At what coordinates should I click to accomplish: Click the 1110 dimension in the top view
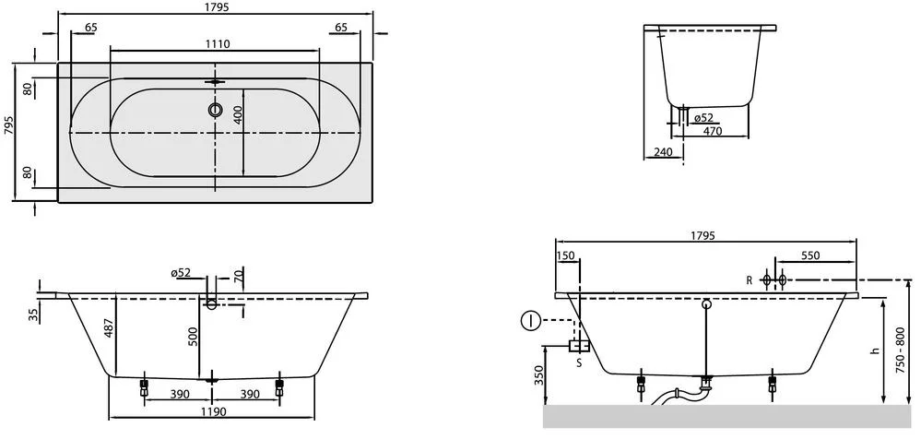pyautogui.click(x=216, y=44)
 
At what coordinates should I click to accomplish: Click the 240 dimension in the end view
pyautogui.click(x=660, y=153)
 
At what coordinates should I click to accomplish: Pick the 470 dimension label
pyautogui.click(x=713, y=131)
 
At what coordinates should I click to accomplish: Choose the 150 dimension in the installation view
pyautogui.click(x=566, y=255)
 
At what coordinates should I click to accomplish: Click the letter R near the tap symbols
pyautogui.click(x=750, y=279)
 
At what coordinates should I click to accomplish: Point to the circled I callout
pyautogui.click(x=529, y=321)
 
